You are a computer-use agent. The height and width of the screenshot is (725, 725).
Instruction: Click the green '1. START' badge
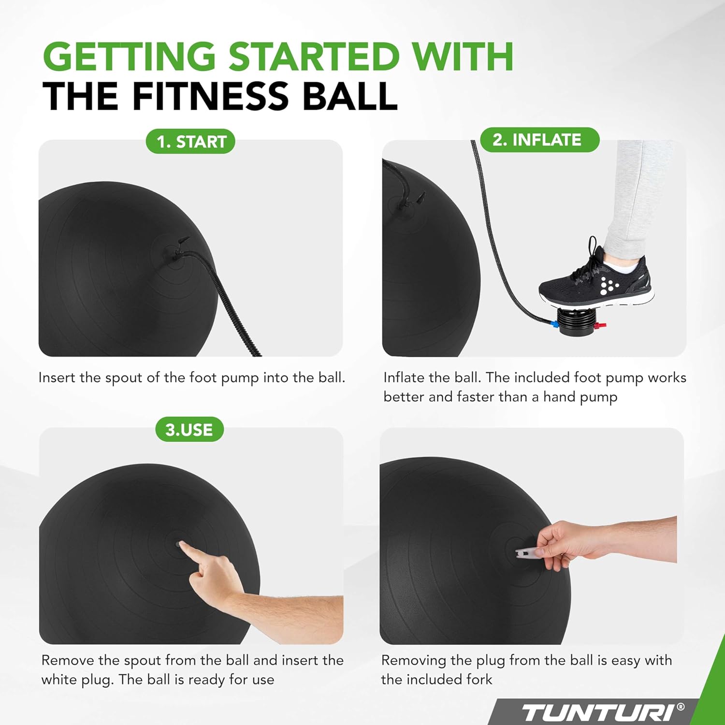pos(190,142)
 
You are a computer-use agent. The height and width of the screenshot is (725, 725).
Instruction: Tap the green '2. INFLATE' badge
pos(539,140)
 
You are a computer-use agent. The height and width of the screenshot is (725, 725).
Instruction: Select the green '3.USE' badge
pos(189,429)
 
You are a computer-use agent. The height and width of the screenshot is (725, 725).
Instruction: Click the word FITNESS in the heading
pos(211,96)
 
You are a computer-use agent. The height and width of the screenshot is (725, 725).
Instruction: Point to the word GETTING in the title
pos(130,57)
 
